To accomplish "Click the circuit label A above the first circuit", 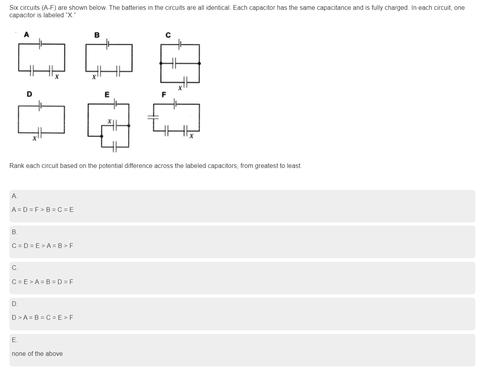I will point(26,35).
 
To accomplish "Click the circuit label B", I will point(97,35).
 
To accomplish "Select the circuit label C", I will point(168,35).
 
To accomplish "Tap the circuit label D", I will point(29,94).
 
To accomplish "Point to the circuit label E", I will point(107,94).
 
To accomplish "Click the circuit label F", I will point(164,95).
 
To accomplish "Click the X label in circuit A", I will point(57,77).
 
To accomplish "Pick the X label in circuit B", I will point(94,77).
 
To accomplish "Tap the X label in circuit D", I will point(34,138).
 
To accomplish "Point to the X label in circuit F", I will point(191,136).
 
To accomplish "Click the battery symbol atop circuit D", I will point(39,105).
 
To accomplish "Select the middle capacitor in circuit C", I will point(174,63).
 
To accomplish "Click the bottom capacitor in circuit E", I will point(114,147).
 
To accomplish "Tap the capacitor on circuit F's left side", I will point(153,116).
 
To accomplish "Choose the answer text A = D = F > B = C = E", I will point(43,210).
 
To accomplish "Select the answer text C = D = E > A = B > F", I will point(42,246).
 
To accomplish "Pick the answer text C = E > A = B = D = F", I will point(42,282).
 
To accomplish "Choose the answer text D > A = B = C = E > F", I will point(42,317).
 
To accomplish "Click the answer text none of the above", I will point(37,353).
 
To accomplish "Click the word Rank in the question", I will point(16,166).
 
